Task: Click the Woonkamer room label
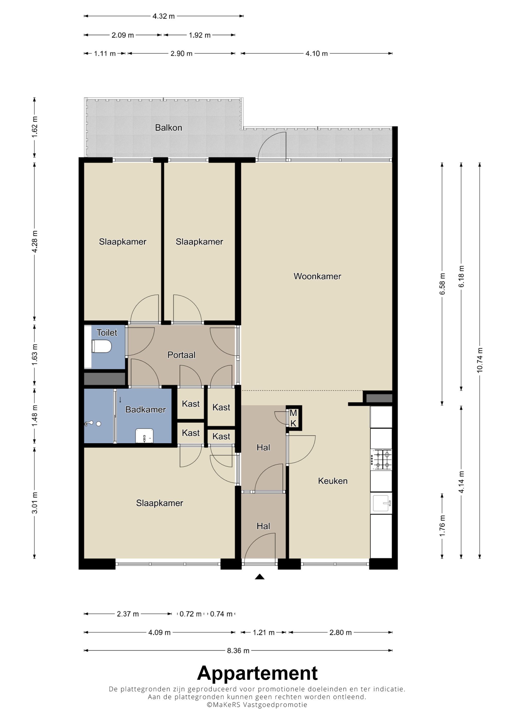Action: click(317, 276)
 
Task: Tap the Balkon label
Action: click(169, 128)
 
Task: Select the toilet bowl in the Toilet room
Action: click(101, 346)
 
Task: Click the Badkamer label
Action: click(145, 409)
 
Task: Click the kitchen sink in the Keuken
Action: click(382, 503)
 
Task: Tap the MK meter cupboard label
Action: click(293, 418)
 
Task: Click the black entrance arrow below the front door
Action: click(260, 577)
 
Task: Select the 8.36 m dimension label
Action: click(238, 651)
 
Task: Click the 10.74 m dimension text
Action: click(480, 360)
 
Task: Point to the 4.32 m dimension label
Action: click(163, 16)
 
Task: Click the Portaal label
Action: click(181, 355)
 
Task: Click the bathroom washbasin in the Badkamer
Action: click(144, 436)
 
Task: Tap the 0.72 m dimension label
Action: click(190, 614)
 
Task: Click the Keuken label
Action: click(333, 481)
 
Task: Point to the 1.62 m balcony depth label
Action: click(34, 127)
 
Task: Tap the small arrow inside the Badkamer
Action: click(120, 400)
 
